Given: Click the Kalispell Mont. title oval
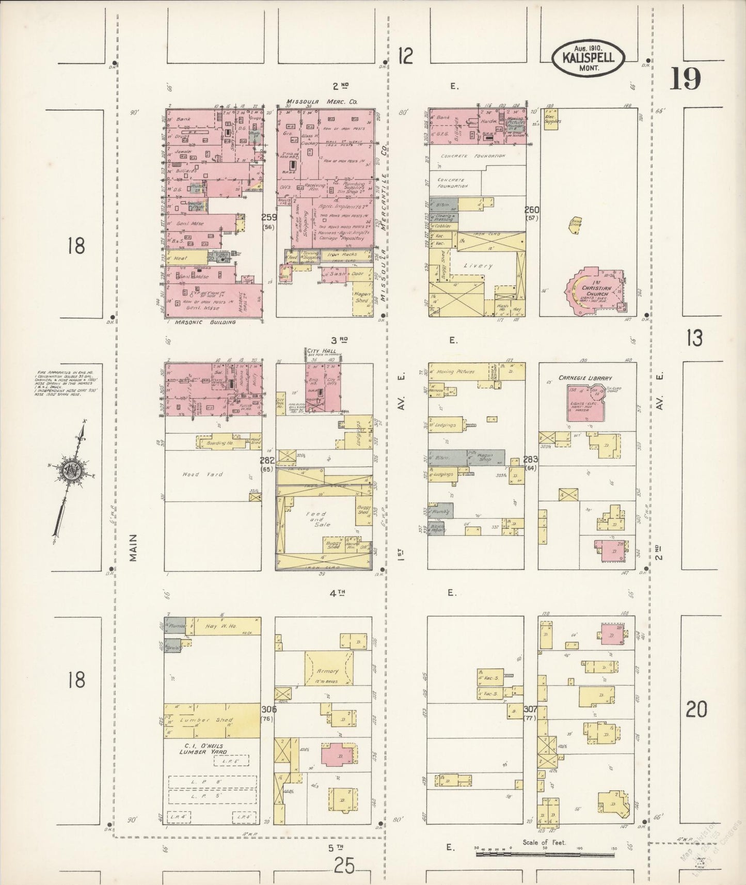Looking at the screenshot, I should tap(589, 58).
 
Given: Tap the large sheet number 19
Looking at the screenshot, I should tap(685, 79).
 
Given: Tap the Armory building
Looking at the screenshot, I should tap(328, 671).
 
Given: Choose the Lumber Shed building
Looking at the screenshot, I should tap(212, 720).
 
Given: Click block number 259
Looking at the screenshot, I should tap(268, 217).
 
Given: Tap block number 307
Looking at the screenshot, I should tap(530, 709).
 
